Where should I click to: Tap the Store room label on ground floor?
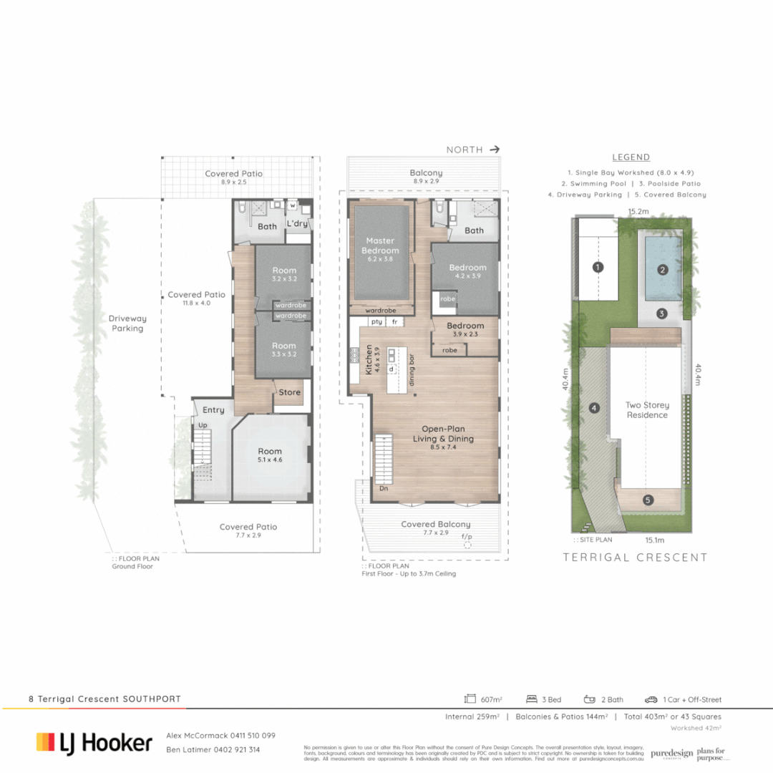coord(290,392)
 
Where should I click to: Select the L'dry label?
coord(297,224)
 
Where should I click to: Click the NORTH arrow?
coord(495,150)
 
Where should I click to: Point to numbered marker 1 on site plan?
coord(598,268)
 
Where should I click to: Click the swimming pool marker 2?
coord(663,270)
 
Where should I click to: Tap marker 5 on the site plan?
coord(648,500)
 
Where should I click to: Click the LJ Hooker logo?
coord(94,742)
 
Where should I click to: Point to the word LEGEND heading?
coord(631,157)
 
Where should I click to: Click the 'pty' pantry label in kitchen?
coord(376,322)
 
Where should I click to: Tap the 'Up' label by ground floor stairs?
coord(202,424)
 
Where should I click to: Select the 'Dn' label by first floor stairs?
coord(384,489)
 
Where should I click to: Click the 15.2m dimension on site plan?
coord(638,212)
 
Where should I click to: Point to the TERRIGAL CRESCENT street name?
coord(635,558)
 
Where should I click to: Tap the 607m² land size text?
coord(491,699)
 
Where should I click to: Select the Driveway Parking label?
coord(127,324)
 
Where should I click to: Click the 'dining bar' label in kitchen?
coord(412,372)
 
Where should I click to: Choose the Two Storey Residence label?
coord(647,410)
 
